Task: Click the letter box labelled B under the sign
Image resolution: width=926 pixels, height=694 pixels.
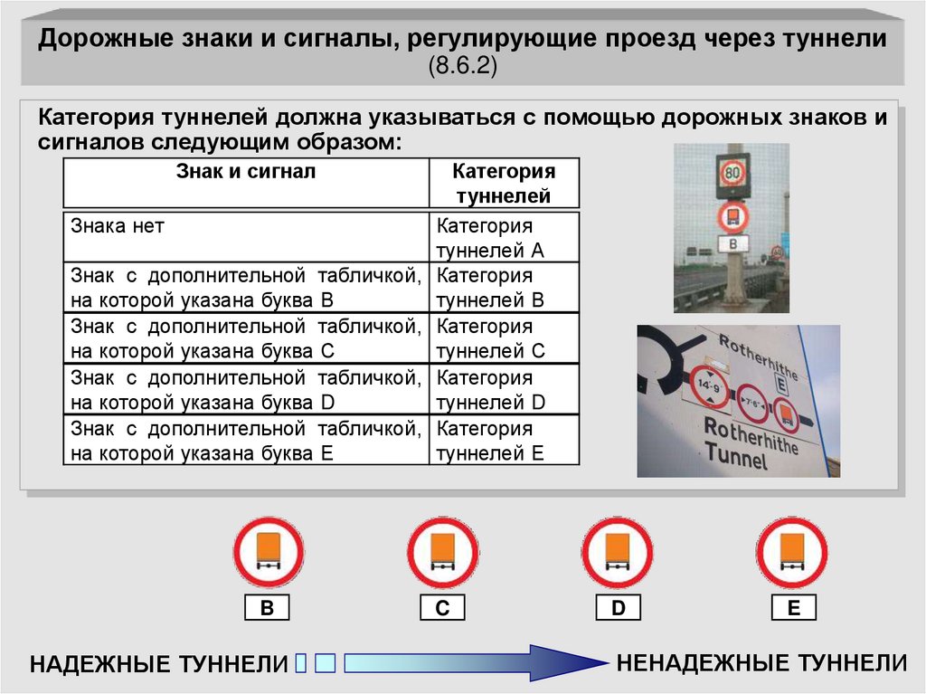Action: pyautogui.click(x=267, y=608)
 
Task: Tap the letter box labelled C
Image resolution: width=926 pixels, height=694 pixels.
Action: pyautogui.click(x=442, y=608)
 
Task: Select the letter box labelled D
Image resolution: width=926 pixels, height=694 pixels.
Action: pyautogui.click(x=619, y=608)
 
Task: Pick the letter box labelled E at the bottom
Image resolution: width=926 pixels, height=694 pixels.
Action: pyautogui.click(x=794, y=608)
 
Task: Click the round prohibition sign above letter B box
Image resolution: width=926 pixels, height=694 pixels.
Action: pyautogui.click(x=269, y=554)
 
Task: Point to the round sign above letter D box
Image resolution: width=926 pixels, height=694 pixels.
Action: pyautogui.click(x=618, y=554)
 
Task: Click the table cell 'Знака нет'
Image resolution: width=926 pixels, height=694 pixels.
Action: pyautogui.click(x=246, y=236)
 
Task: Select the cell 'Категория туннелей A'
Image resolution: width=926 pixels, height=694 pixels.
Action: pyautogui.click(x=505, y=236)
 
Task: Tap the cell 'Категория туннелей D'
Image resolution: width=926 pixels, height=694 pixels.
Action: pyautogui.click(x=505, y=389)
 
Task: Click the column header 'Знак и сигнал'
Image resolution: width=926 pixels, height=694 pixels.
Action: pyautogui.click(x=246, y=184)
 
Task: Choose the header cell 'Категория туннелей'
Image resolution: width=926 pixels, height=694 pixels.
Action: pyautogui.click(x=505, y=184)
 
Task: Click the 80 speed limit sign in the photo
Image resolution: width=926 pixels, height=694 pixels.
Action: pyautogui.click(x=732, y=173)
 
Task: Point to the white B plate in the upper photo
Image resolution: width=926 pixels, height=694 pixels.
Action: pyautogui.click(x=732, y=243)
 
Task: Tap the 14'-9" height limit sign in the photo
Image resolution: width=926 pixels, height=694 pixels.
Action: pyautogui.click(x=709, y=386)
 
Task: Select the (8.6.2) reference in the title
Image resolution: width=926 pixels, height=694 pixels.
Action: pyautogui.click(x=463, y=64)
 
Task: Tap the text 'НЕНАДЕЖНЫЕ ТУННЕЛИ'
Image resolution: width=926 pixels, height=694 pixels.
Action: pyautogui.click(x=761, y=662)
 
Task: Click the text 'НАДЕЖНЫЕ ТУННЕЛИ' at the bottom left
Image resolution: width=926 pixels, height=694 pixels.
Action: pyautogui.click(x=159, y=664)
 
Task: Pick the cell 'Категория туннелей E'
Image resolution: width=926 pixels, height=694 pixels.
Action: pyautogui.click(x=505, y=440)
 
